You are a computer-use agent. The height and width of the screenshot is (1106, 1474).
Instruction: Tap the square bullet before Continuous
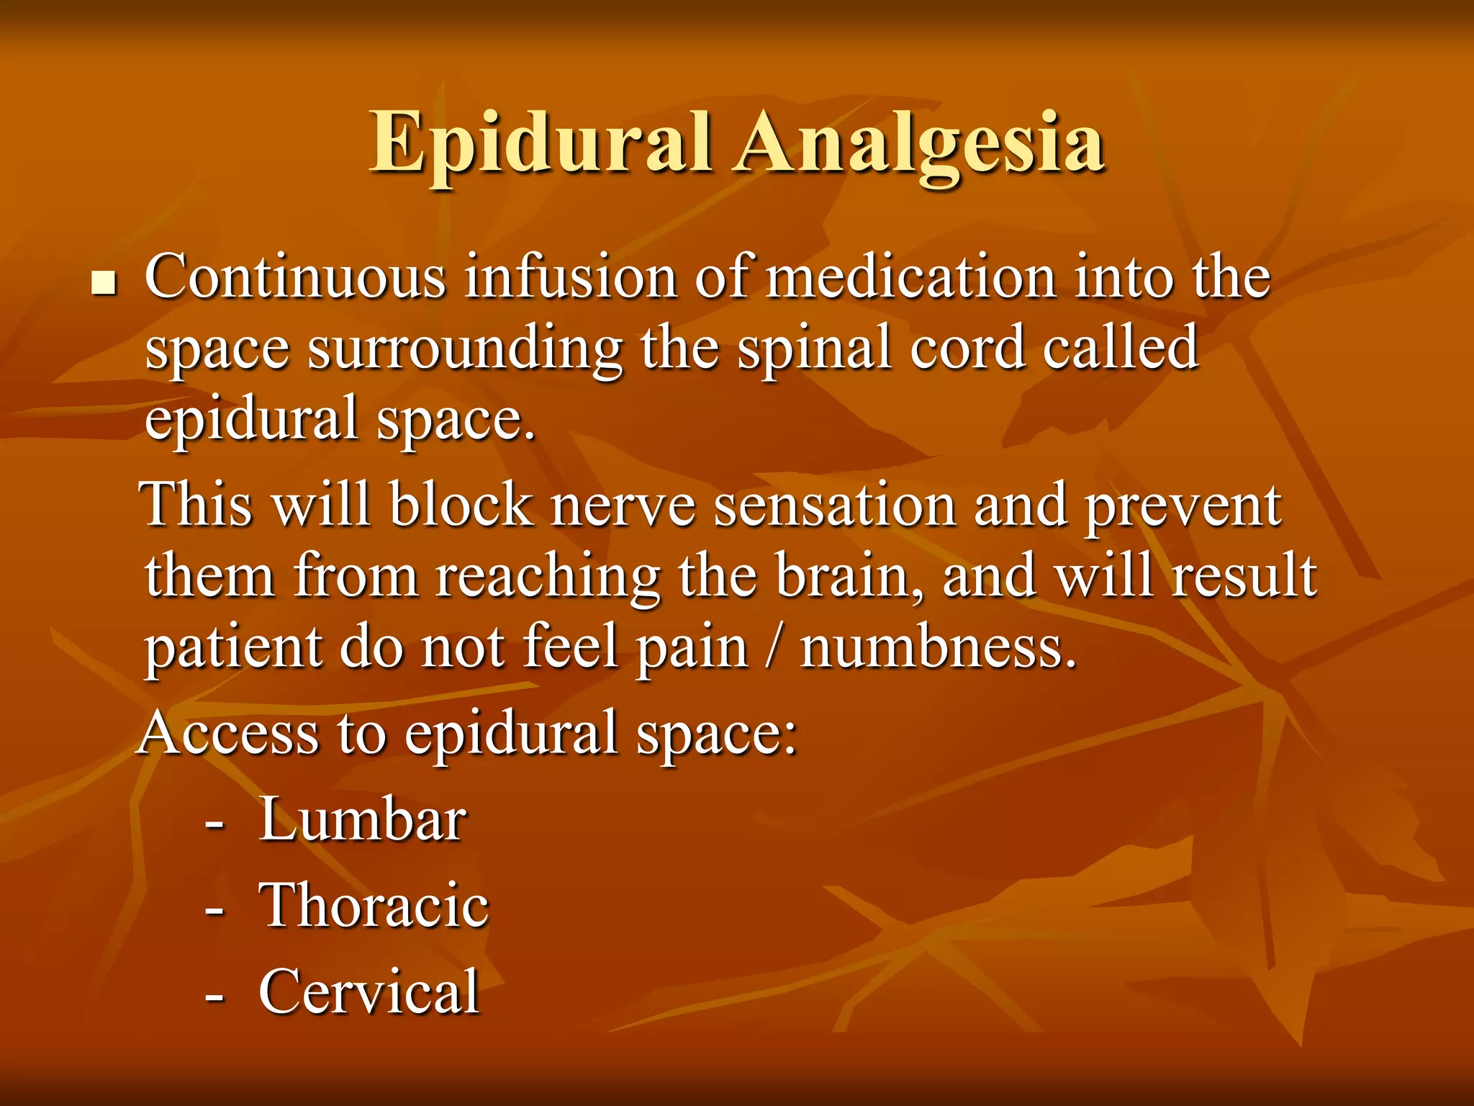coord(104,284)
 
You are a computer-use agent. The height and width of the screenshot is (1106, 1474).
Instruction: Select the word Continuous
coord(295,277)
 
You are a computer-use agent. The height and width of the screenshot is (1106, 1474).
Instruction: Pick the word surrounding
coord(465,349)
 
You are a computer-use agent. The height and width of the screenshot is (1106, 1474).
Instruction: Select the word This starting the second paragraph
coord(198,504)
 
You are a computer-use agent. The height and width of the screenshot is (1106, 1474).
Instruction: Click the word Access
coord(229,733)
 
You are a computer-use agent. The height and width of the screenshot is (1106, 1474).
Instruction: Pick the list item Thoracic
coord(374,905)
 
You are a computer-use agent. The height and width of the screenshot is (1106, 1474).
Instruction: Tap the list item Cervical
coord(368,992)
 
